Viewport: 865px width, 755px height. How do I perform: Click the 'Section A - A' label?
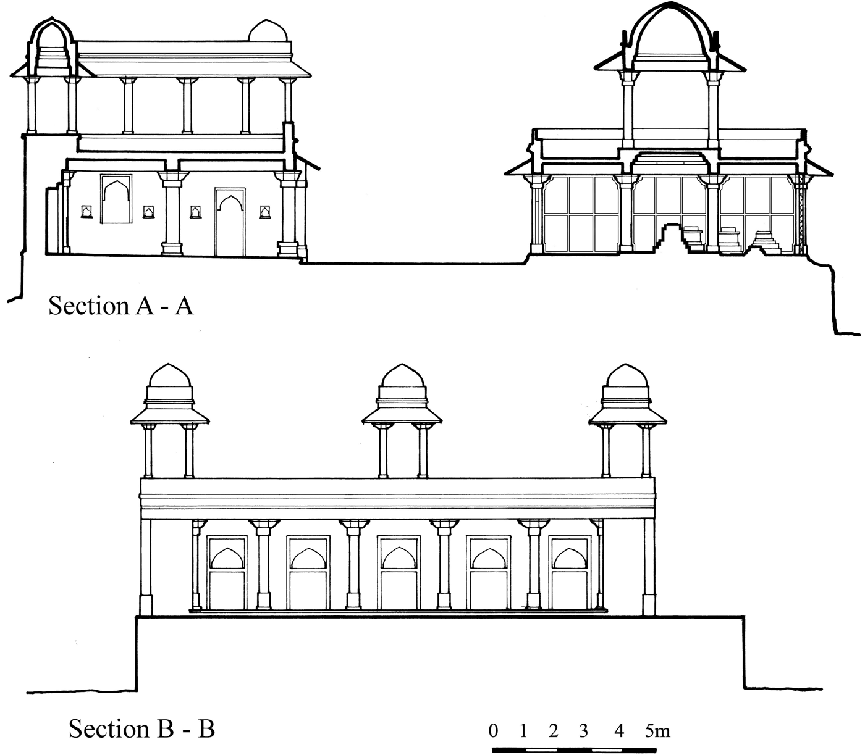(x=120, y=306)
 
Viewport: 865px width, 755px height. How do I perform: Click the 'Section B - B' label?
(x=141, y=728)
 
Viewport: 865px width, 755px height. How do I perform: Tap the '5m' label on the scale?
(x=657, y=732)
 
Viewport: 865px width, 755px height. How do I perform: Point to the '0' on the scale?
(x=493, y=732)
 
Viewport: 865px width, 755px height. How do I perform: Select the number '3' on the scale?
(x=583, y=732)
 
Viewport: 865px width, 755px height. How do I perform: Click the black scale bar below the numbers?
(x=574, y=750)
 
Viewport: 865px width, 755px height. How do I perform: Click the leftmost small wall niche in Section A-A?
(x=85, y=212)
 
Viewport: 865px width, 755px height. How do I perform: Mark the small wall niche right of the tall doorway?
(x=264, y=212)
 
